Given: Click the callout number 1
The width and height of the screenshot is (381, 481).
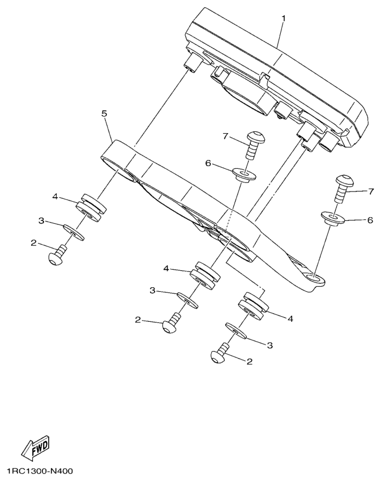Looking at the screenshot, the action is tap(284, 18).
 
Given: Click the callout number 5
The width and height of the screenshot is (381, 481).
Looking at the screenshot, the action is tap(104, 113).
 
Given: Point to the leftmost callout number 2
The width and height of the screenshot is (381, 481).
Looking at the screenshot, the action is tap(33, 243).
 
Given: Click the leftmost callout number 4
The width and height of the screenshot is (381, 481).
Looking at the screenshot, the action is tap(55, 197).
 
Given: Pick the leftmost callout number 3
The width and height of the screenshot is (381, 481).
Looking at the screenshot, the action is tap(41, 220).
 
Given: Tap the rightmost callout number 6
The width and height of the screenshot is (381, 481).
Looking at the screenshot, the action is tap(370, 220).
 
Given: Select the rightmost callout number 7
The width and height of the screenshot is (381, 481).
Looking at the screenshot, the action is tap(371, 191).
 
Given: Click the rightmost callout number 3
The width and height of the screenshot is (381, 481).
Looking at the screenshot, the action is tap(269, 346).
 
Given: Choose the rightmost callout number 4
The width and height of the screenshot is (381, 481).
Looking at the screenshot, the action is tap(290, 319).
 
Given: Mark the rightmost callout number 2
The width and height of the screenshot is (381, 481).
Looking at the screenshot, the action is tap(250, 361).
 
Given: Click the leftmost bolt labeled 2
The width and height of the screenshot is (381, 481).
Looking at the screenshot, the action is tap(58, 255).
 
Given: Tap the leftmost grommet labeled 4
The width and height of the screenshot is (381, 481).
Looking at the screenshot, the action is tap(91, 207).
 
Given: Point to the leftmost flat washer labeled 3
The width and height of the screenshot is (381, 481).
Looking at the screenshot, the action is tap(74, 232).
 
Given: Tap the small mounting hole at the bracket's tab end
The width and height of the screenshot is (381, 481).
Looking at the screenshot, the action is tap(315, 278).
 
